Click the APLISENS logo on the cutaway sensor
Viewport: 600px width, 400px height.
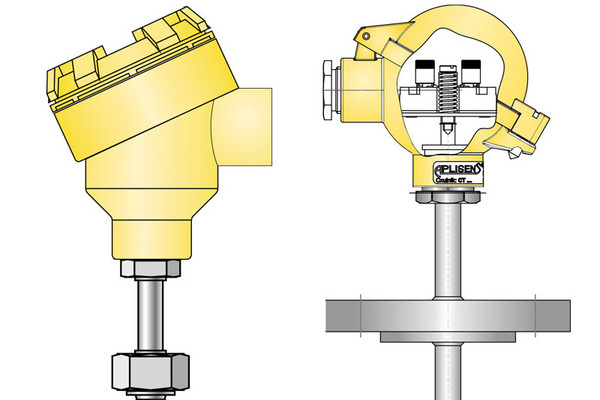459,170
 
